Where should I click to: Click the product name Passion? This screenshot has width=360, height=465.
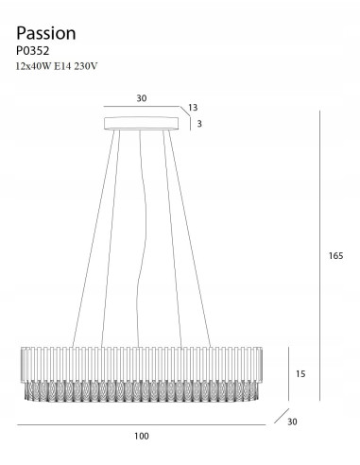[46, 33]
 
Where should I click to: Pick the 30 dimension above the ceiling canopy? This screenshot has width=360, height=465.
[142, 97]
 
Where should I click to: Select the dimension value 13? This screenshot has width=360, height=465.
[194, 108]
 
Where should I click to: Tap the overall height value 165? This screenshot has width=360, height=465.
[334, 255]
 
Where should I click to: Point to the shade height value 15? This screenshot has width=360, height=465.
[301, 374]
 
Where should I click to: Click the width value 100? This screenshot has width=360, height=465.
[142, 436]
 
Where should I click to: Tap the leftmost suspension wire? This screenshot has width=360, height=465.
[95, 236]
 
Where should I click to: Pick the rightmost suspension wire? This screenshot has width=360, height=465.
[188, 236]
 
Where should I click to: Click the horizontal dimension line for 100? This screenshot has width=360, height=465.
[142, 425]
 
